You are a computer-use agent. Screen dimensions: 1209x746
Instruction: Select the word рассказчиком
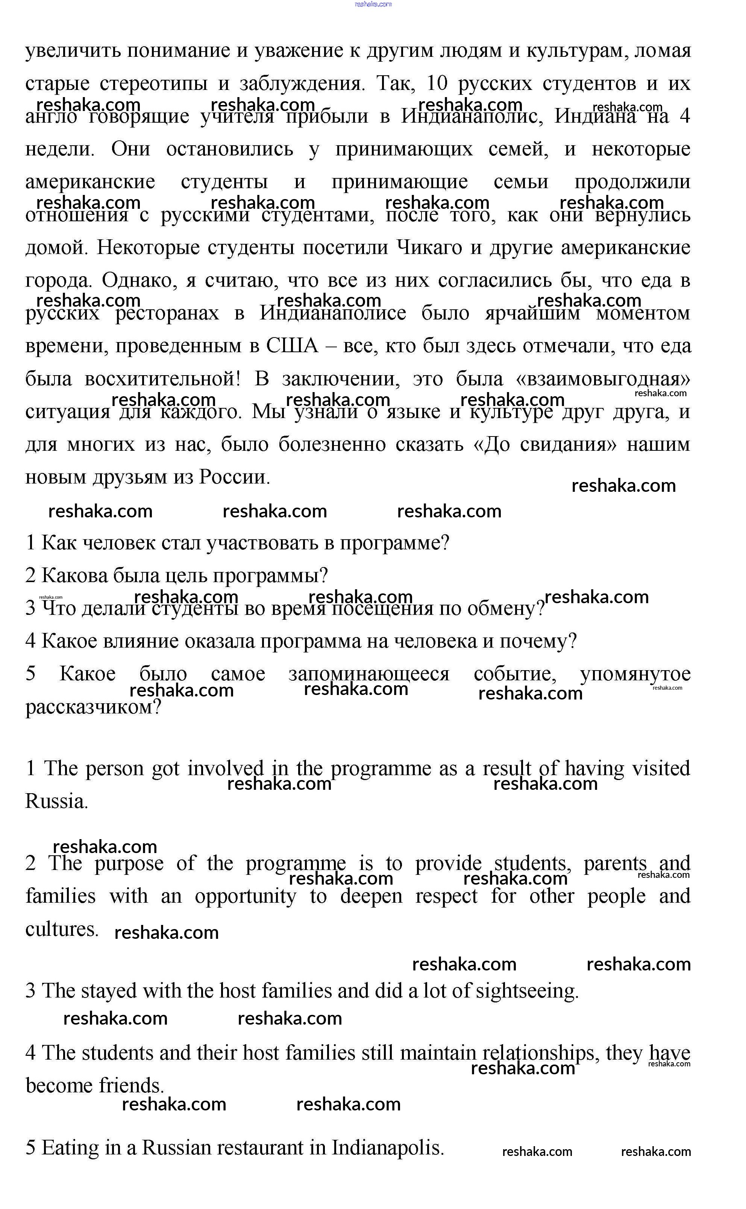[93, 707]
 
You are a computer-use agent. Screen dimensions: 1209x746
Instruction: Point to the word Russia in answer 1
[57, 801]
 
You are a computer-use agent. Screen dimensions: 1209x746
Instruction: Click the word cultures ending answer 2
[62, 929]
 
